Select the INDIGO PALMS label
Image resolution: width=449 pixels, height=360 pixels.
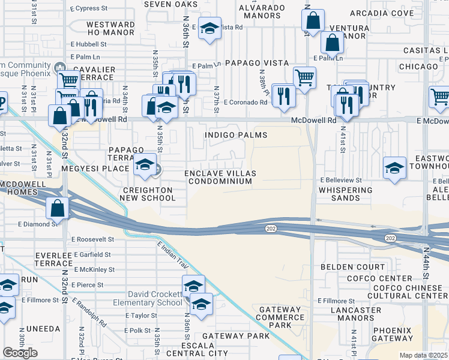tap(236, 135)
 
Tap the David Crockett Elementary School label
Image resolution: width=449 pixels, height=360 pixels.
tap(155, 298)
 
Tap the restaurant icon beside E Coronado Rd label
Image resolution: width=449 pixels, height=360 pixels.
tap(283, 95)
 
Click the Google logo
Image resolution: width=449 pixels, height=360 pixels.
tap(20, 353)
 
